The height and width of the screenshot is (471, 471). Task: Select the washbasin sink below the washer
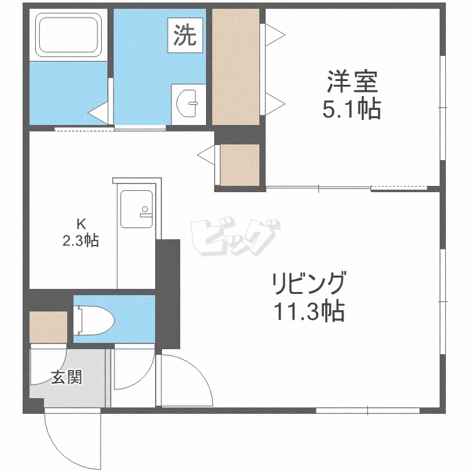(188, 100)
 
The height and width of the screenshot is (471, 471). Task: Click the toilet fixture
(94, 320)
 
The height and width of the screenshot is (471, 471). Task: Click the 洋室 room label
(351, 83)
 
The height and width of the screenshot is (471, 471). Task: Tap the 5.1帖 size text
(351, 110)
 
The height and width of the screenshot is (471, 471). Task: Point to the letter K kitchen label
(80, 223)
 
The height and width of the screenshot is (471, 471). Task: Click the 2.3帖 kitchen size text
(80, 240)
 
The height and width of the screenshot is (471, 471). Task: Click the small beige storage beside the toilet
(48, 327)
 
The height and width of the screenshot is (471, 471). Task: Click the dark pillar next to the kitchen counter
(168, 293)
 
